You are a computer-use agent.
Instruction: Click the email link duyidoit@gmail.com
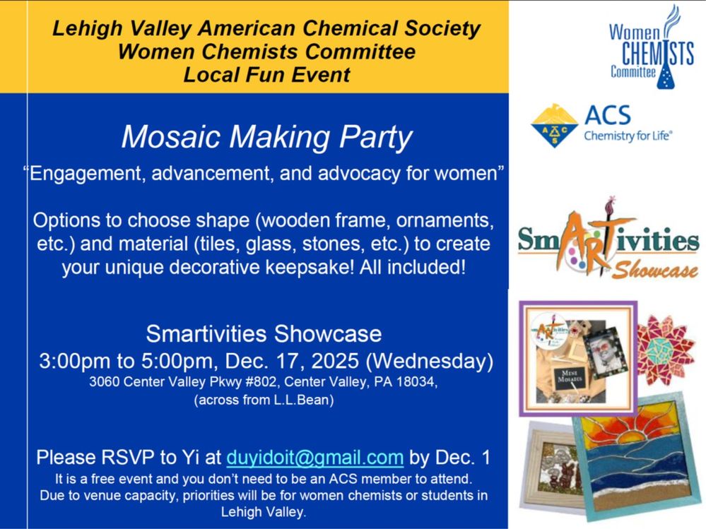tap(314, 458)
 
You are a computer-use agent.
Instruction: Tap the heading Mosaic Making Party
tap(266, 137)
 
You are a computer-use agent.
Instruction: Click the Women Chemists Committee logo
tap(651, 47)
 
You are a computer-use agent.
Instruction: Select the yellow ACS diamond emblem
tap(554, 126)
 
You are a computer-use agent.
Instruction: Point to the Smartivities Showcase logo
tap(608, 239)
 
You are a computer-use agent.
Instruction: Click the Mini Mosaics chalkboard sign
tap(570, 377)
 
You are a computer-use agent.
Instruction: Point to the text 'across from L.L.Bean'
tap(264, 400)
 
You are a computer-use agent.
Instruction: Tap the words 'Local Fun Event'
tap(266, 75)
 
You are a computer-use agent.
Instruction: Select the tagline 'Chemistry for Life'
tap(628, 136)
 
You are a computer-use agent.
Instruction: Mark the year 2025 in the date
tap(335, 361)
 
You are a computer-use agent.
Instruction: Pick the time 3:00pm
tap(75, 361)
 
